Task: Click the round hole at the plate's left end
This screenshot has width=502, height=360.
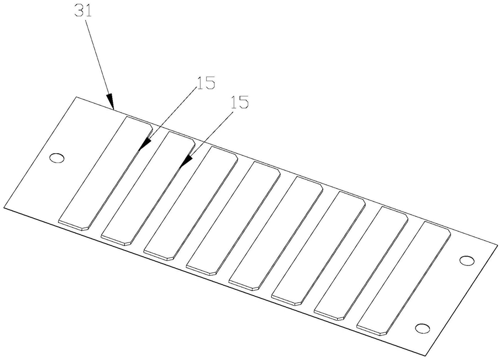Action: point(57,158)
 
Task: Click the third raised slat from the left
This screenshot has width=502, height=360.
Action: point(191,202)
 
